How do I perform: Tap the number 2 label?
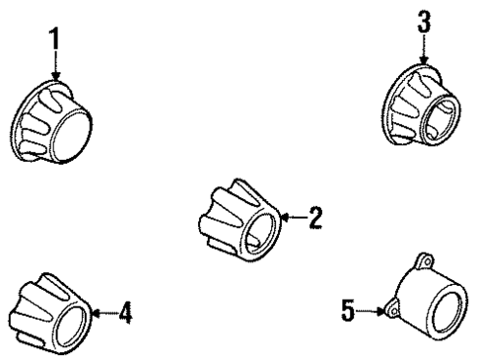coord(314,217)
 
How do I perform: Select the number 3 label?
coord(424,22)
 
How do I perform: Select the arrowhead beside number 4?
coord(95,314)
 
